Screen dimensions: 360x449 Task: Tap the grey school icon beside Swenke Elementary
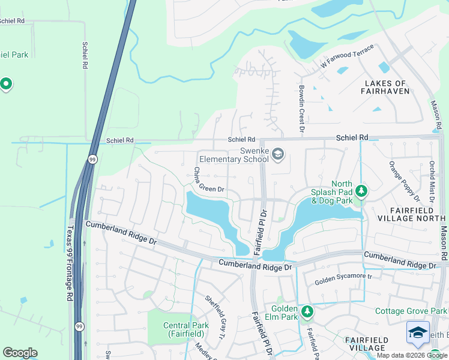coord(277,155)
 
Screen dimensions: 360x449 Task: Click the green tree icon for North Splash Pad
coord(361,191)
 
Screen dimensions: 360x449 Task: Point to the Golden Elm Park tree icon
coord(307,311)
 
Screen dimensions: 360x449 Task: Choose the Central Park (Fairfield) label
coord(186,329)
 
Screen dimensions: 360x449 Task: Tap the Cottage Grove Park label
coord(411,311)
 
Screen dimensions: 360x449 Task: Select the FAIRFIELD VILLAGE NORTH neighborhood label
coord(410,214)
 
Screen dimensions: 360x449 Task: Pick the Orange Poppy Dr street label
coord(403,181)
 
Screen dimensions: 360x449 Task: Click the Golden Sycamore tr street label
coord(344,279)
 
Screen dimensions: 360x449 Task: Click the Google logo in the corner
coord(20,353)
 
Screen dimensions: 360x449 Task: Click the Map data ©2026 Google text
coord(411,355)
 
